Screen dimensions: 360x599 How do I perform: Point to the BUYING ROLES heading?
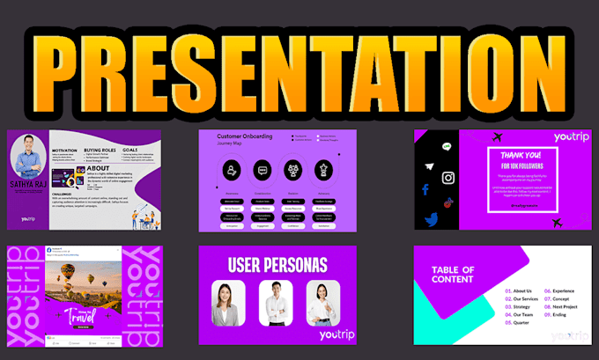(x=100, y=151)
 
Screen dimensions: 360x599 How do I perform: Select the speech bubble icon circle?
(x=262, y=170)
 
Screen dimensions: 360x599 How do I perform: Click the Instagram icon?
(x=448, y=179)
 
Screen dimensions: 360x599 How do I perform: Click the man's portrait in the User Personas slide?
(x=276, y=303)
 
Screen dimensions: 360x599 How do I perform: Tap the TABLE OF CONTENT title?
(x=454, y=274)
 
